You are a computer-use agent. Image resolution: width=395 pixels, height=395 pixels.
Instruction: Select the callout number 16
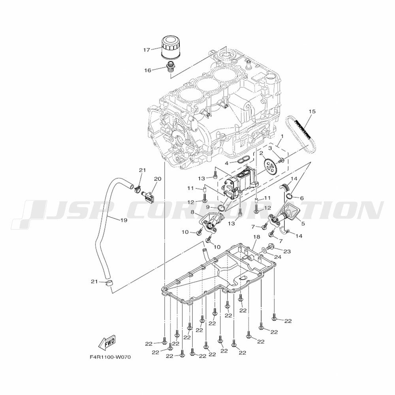[x=148, y=70]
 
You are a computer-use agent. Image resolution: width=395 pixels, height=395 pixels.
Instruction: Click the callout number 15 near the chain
[x=312, y=111]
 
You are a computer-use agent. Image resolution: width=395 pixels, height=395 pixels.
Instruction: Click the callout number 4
[x=227, y=163]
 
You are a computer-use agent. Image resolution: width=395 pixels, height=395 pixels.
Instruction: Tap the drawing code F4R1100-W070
[x=110, y=357]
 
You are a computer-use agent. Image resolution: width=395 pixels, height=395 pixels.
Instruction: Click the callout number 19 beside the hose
[x=124, y=220]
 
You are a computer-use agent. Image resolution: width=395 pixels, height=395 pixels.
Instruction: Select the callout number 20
[x=158, y=179]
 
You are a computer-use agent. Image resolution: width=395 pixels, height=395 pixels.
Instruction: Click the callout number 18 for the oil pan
[x=256, y=237]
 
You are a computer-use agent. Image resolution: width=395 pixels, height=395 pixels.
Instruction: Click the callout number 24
[x=277, y=257]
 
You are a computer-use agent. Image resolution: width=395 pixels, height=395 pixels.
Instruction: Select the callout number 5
[x=303, y=223]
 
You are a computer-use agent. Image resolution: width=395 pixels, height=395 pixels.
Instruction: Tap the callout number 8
[x=192, y=213]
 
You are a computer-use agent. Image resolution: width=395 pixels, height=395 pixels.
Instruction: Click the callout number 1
[x=282, y=136]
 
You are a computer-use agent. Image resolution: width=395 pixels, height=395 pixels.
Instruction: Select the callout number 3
[x=270, y=149]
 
